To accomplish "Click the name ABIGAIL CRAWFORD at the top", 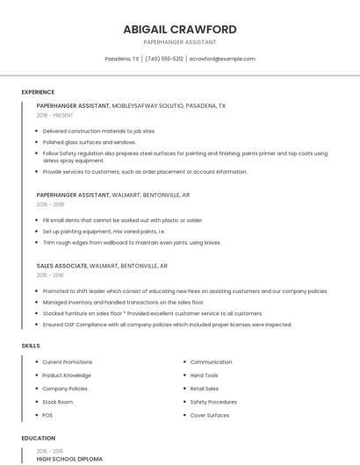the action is coord(180,29).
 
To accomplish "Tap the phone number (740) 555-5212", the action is coord(164,59).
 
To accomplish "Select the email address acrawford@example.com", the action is coord(222,59).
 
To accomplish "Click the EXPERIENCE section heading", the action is coord(38,92).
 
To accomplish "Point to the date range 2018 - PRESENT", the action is coord(54,115).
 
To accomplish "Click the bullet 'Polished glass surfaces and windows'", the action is coord(89,141).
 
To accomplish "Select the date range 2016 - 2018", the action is coord(50,204).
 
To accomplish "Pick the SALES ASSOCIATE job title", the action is coord(61,265).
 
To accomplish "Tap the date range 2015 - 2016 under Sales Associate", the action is coord(50,275).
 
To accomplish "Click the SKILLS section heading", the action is coord(31,346).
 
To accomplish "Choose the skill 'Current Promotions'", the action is coord(67,361).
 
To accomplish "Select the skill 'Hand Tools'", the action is coord(204,375).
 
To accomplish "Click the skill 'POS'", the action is coord(47,415).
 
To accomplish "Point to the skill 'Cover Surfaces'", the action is coord(210,415).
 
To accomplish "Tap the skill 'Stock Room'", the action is coord(57,402).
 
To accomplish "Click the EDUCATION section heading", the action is coord(38,438).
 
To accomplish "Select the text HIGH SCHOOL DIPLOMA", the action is coord(69,459).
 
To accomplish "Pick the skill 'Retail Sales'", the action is coord(205,388).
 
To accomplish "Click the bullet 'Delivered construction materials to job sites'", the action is coord(98,130).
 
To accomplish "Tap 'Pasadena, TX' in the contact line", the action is coord(122,59).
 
